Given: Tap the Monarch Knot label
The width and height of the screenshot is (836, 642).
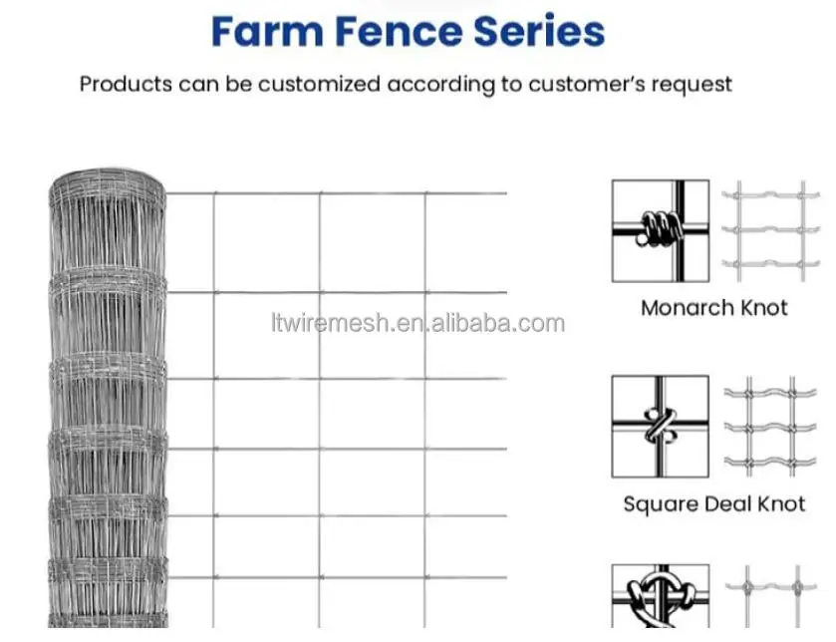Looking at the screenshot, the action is tap(713, 307).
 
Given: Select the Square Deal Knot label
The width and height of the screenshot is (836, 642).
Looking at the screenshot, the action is tap(713, 503).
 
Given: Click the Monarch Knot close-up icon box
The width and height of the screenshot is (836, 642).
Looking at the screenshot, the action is tap(660, 229).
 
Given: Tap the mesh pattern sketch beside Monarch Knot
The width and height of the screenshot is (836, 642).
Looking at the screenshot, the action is tap(763, 230).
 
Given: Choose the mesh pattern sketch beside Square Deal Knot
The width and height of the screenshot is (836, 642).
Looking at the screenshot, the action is tap(763, 425).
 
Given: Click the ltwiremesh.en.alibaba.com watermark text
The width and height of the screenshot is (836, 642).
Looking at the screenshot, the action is tap(418, 323).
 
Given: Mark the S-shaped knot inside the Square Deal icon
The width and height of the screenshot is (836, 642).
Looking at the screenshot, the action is tap(658, 426).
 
